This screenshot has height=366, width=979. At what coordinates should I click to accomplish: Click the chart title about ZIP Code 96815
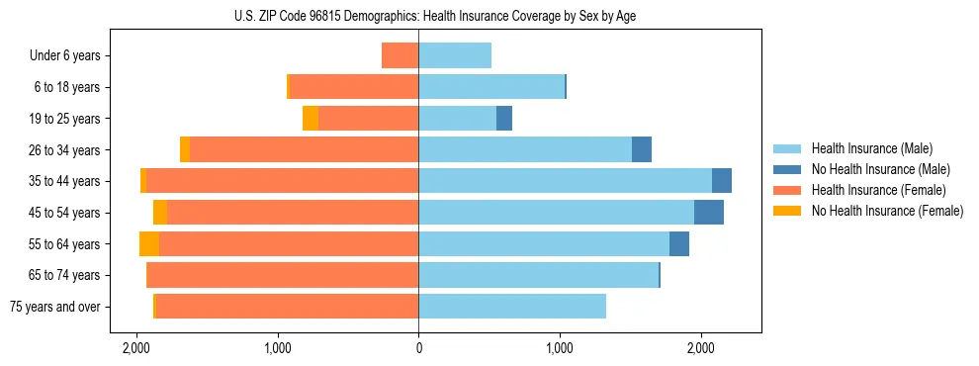pos(489,16)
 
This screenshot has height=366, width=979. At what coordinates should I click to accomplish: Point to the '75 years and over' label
pos(54,307)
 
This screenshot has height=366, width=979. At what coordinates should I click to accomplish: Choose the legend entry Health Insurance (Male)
pos(871,148)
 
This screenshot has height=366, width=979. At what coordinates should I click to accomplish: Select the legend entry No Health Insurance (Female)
pos(887,211)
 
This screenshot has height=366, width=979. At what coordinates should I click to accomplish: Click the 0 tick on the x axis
pos(418,349)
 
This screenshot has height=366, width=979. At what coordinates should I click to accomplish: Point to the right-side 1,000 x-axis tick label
pos(560,349)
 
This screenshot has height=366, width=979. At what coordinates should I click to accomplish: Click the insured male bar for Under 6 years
pos(455,56)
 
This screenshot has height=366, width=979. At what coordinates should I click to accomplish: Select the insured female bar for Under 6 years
pos(400,56)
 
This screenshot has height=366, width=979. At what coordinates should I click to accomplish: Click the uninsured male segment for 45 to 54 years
pos(709,213)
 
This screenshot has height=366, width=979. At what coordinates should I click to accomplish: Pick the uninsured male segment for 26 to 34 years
pos(642,150)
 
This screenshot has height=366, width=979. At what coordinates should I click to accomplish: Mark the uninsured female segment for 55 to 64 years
pos(149,244)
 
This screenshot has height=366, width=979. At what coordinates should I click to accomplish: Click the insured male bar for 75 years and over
pos(512,307)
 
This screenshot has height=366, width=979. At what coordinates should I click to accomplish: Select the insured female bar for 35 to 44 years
pos(282,181)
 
